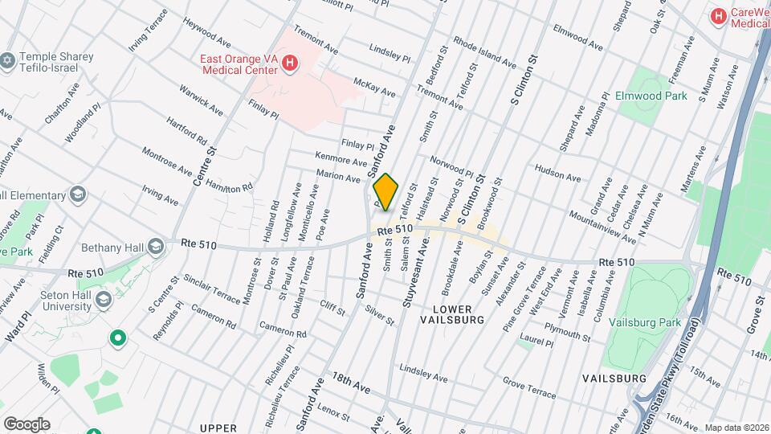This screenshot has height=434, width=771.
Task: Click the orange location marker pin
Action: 385,192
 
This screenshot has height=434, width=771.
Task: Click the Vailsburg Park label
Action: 645,322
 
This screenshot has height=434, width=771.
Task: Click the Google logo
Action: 27,424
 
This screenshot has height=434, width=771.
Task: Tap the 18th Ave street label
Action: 351,383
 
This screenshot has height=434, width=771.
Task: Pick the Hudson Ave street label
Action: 557,173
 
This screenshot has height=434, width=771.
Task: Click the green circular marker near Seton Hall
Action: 119,339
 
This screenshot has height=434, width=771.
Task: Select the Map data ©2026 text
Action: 736,428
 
